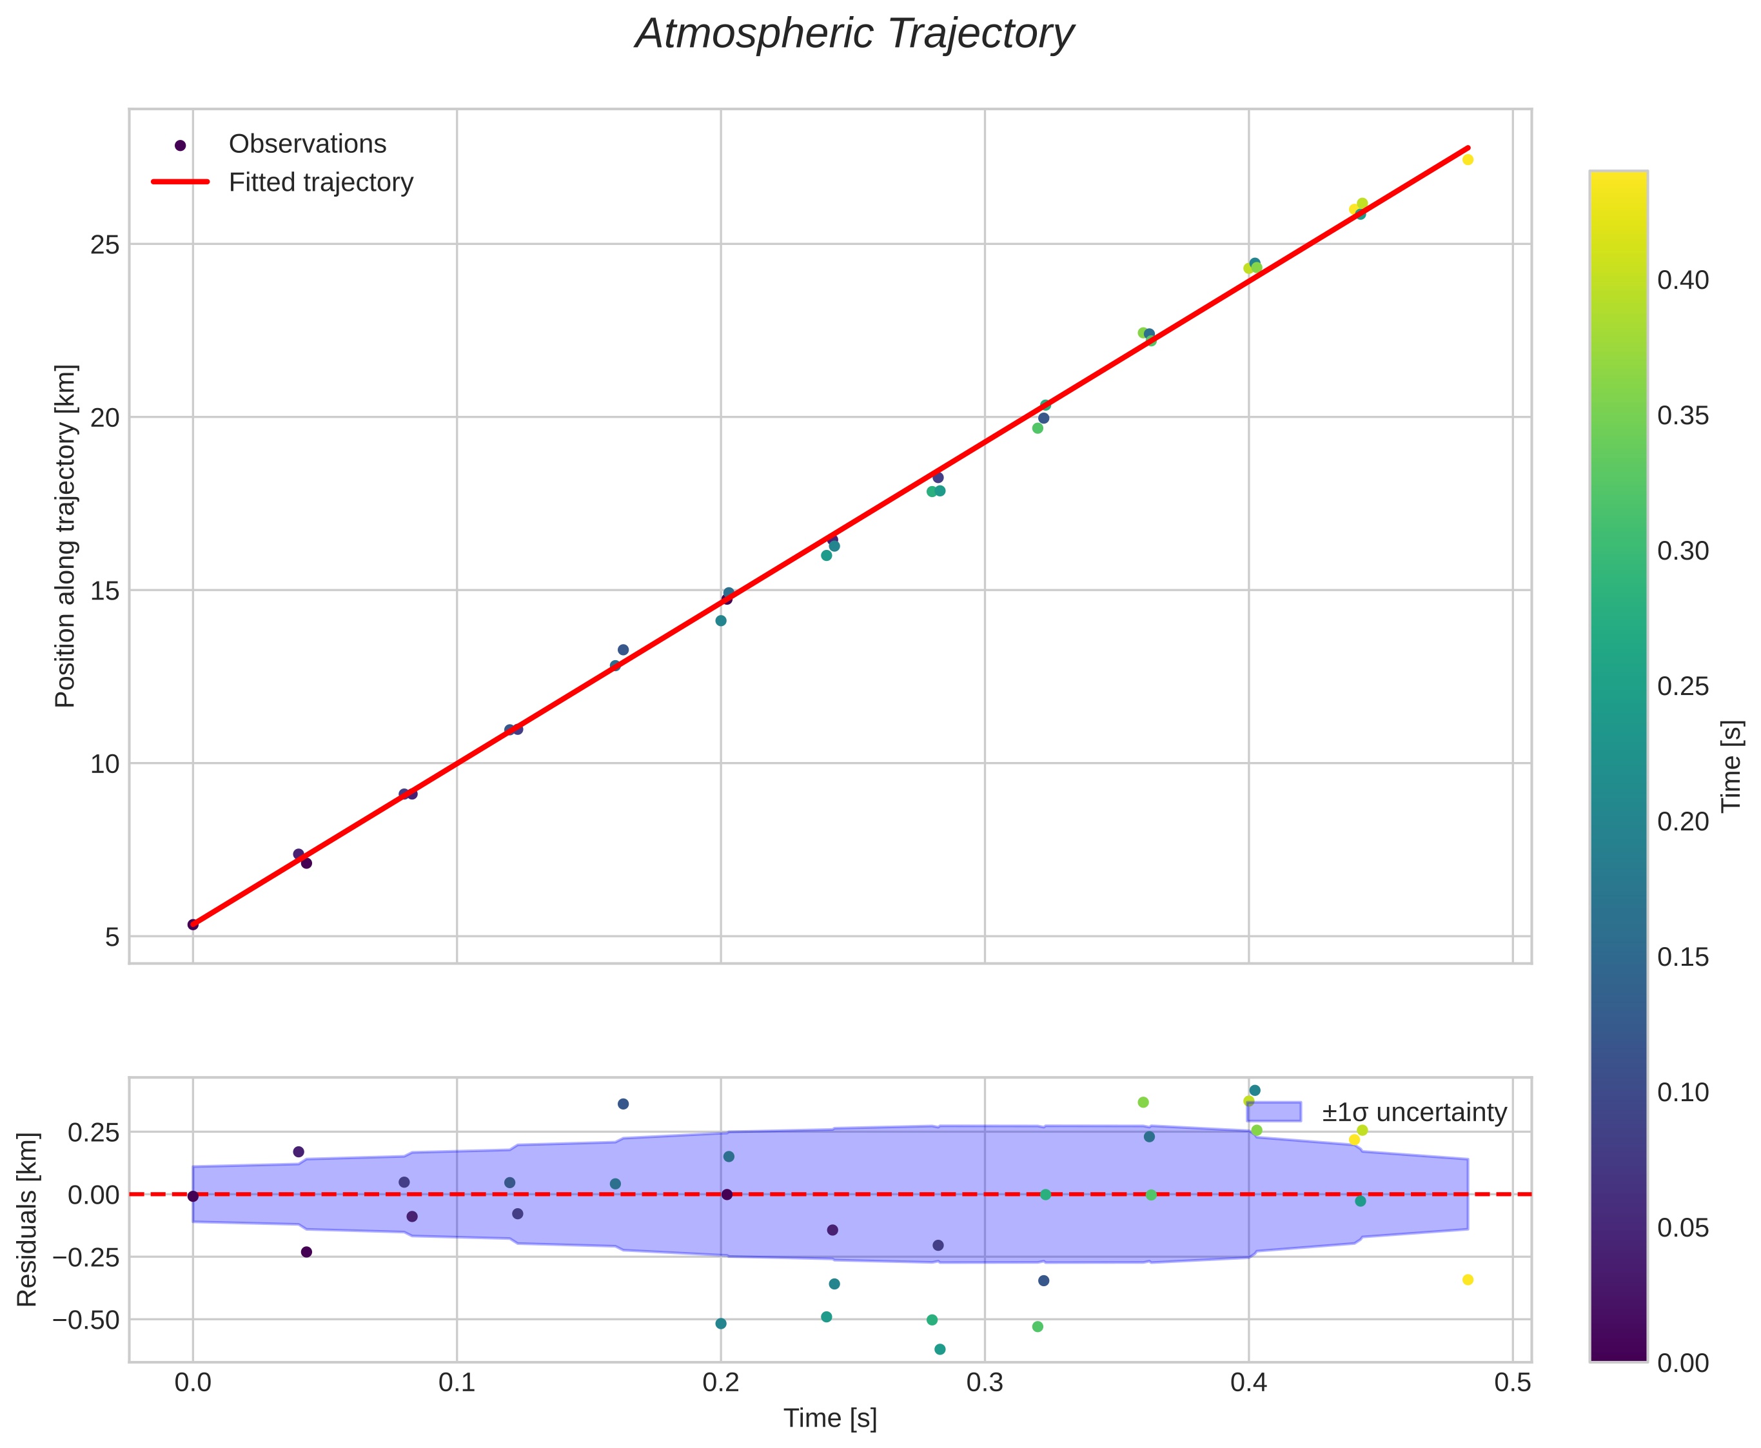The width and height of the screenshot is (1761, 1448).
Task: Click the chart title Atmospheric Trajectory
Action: pos(854,35)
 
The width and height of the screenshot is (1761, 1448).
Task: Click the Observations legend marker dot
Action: pos(179,145)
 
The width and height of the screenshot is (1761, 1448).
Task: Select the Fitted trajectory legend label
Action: pos(321,182)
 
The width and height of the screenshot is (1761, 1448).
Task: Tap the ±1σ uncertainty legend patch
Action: pos(1273,1112)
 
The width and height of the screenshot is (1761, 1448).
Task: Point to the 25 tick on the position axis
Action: pos(105,245)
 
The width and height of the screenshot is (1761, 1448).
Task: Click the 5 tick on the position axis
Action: pos(112,937)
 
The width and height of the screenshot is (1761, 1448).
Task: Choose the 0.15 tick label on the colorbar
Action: pos(1682,957)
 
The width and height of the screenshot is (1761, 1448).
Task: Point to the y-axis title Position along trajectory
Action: pos(66,536)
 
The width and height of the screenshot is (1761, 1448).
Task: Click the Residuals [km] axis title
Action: pos(28,1220)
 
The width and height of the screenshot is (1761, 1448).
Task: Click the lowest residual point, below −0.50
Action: pos(940,1349)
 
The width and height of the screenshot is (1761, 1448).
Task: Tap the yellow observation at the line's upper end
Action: pos(1468,159)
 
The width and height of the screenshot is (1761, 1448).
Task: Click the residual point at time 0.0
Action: pos(193,1196)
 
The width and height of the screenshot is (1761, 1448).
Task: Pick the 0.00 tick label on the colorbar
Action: pos(1682,1364)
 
